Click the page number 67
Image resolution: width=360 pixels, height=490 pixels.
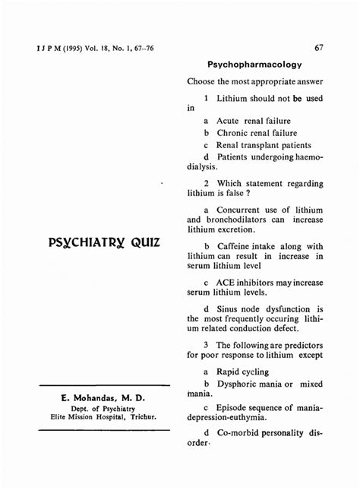319,48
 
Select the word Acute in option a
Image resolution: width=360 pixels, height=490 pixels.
229,120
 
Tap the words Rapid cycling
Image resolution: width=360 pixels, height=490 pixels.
242,371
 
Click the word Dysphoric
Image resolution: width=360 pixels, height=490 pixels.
240,384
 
